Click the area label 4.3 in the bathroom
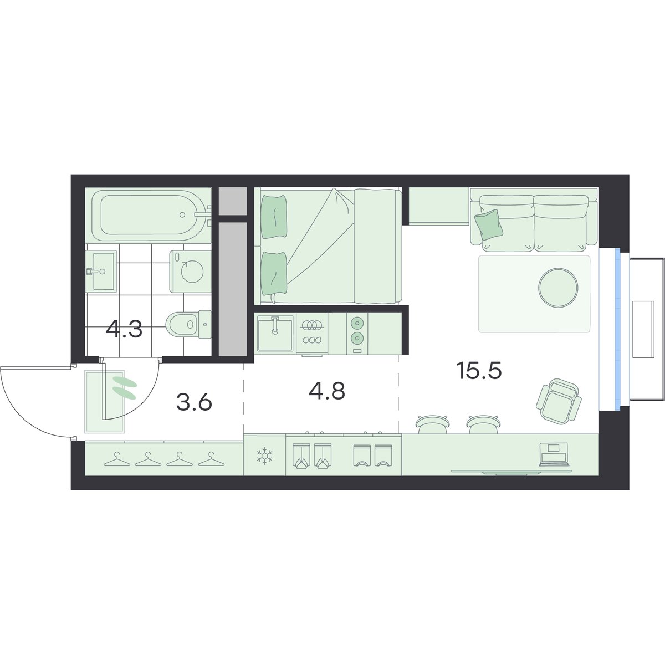point(124,329)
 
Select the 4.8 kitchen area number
point(327,391)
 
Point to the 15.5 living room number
point(479,371)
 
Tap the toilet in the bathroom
point(188,324)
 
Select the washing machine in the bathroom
point(190,272)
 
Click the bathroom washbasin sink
point(101,271)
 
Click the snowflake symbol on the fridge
point(264,456)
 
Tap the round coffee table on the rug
point(558,287)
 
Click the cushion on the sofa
point(489,224)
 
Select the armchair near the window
point(559,401)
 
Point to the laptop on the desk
point(554,454)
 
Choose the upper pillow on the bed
point(274,217)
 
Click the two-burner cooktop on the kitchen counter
point(357,331)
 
